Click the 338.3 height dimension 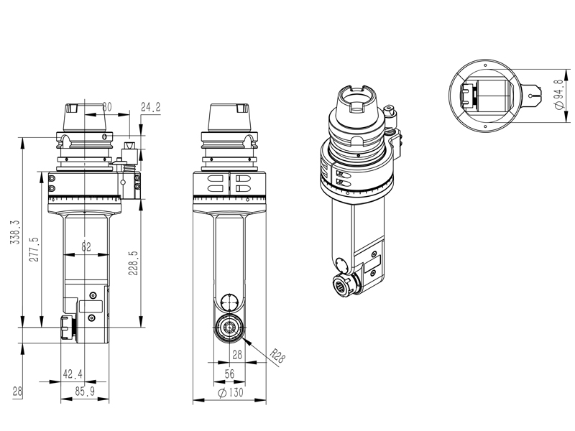pyautogui.click(x=15, y=232)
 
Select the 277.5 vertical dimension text pyautogui.click(x=34, y=249)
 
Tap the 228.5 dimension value pyautogui.click(x=133, y=263)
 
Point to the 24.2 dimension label pyautogui.click(x=151, y=107)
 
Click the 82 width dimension pyautogui.click(x=86, y=246)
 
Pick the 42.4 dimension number pyautogui.click(x=73, y=374)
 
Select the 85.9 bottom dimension pyautogui.click(x=85, y=391)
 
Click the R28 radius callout pyautogui.click(x=277, y=356)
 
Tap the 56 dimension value pyautogui.click(x=229, y=374)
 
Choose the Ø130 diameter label pyautogui.click(x=231, y=392)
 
